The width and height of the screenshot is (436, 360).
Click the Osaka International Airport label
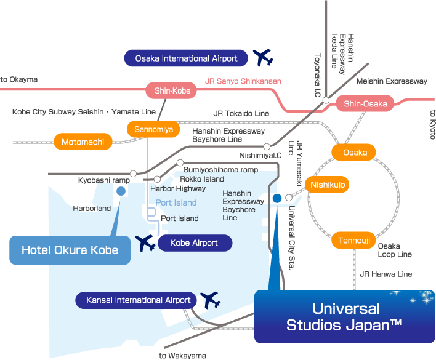186,58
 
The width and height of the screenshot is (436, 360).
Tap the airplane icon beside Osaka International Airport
263,58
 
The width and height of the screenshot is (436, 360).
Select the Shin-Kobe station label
172,91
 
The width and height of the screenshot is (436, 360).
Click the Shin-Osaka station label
365,103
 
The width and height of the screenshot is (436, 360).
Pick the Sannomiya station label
153,129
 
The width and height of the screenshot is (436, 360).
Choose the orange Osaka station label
355,152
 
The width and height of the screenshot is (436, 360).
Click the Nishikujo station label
329,184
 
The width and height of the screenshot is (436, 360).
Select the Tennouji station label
353,240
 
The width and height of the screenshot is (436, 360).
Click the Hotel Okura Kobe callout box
70,250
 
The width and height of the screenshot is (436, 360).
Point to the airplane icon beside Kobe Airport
145,243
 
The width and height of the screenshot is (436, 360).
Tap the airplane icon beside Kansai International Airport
210,300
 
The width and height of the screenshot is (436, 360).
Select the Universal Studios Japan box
345,317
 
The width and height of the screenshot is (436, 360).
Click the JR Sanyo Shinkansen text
243,81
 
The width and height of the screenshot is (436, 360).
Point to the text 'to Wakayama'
182,356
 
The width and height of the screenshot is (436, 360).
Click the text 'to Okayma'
19,79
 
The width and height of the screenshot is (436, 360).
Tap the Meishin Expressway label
392,81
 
